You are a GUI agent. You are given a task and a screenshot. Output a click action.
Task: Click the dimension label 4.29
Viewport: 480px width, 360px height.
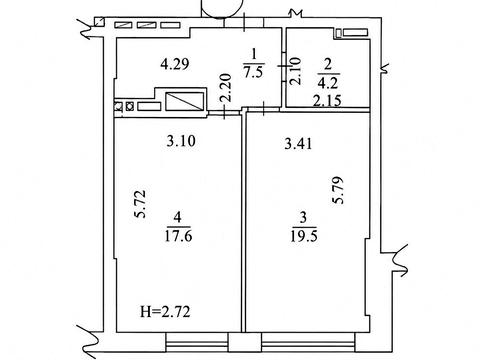(175, 64)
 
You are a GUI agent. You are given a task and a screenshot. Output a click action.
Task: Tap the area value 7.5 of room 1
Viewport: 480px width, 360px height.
(253, 72)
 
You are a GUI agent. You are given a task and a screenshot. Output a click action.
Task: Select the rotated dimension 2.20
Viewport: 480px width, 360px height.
(226, 88)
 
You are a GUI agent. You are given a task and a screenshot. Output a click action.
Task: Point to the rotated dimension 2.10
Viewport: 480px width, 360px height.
(295, 72)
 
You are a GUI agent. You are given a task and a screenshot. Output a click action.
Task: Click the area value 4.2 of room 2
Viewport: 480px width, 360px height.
(328, 82)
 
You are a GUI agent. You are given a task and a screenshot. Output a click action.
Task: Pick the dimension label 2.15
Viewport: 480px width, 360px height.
(327, 100)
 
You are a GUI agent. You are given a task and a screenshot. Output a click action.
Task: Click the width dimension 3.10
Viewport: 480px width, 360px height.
(181, 141)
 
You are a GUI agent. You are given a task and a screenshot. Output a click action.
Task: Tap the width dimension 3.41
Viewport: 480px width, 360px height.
(298, 144)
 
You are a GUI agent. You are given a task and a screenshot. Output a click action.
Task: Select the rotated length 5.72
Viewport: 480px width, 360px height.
(140, 204)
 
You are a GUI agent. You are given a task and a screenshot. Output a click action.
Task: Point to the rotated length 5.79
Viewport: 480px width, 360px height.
(338, 190)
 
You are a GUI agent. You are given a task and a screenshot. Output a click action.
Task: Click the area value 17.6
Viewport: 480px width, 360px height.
(178, 236)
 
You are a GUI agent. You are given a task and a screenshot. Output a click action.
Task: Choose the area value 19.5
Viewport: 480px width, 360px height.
(304, 236)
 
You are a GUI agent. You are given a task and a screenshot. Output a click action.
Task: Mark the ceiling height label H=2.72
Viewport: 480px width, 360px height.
(165, 312)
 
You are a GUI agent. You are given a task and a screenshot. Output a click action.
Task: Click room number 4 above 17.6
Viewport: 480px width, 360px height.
(177, 217)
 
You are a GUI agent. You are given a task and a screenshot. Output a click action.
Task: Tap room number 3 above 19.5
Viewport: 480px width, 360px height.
(303, 217)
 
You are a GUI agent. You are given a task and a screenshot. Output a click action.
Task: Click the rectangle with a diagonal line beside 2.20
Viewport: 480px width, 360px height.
(185, 102)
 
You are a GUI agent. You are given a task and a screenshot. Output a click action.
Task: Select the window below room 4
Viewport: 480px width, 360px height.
(197, 342)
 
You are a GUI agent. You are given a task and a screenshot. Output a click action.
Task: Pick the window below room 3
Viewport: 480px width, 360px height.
(308, 342)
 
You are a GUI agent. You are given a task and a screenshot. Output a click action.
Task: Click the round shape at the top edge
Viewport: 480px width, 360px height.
(221, 8)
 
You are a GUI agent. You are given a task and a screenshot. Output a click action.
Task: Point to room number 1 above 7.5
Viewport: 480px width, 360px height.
(254, 55)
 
